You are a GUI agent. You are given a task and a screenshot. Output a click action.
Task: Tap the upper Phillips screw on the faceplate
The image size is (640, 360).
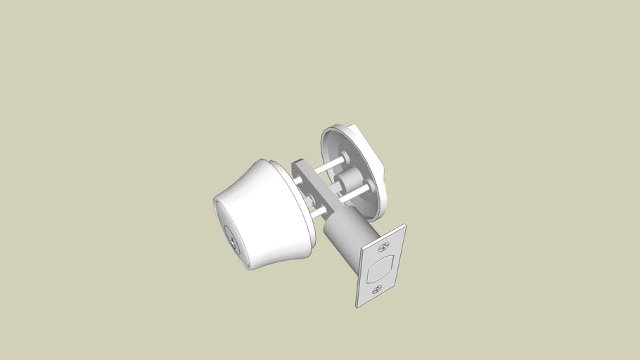click(384, 247)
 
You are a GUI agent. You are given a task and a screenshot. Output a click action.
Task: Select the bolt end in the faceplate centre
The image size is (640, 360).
click(380, 269)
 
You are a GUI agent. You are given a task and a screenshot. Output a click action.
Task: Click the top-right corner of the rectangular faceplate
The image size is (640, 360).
click(405, 226)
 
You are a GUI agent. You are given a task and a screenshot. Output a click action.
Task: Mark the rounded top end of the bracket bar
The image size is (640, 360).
click(297, 165)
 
